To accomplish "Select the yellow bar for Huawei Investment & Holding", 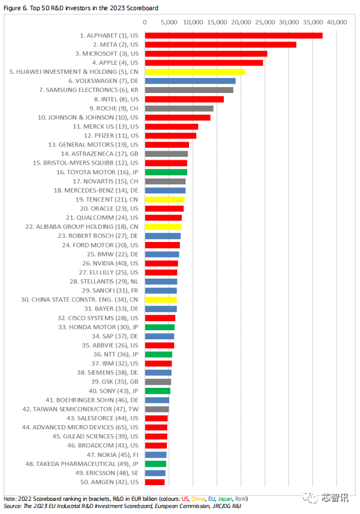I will (x=195, y=72).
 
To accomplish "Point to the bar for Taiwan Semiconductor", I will (x=157, y=409).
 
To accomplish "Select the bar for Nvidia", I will (x=161, y=264).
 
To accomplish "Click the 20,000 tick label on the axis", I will (x=241, y=22).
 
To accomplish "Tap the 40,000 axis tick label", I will (x=336, y=22).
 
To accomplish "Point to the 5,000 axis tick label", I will (x=169, y=22).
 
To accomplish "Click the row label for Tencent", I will (x=107, y=199).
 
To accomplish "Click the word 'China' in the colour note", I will (x=199, y=499).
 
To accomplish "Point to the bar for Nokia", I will (x=156, y=455).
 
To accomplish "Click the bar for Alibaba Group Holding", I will (x=164, y=227).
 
